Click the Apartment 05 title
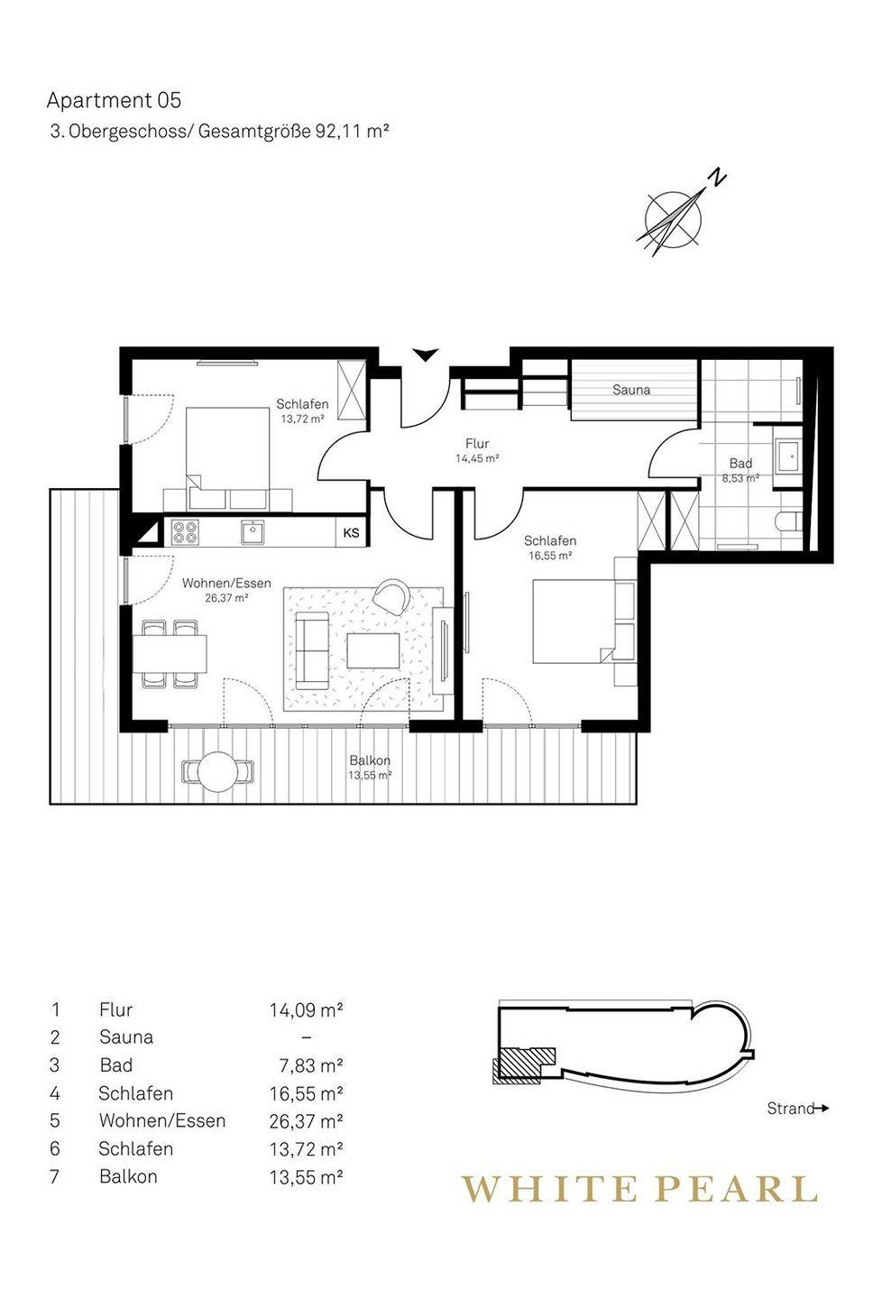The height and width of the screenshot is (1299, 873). tap(114, 101)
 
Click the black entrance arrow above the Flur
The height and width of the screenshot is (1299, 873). tap(425, 355)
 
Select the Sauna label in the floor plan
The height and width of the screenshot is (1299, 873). tap(631, 390)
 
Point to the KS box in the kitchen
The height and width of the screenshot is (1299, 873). tap(352, 533)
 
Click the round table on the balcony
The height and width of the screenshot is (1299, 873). tap(217, 770)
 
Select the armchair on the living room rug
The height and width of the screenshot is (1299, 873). tap(392, 596)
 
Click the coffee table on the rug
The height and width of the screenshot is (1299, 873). tap(373, 650)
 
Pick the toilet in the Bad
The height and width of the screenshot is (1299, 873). tap(789, 521)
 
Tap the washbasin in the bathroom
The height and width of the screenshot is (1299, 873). tap(789, 456)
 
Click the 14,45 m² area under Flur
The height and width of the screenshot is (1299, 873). tap(477, 458)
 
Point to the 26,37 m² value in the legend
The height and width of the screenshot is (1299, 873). tap(306, 1121)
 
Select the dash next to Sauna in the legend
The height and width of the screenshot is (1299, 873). tap(307, 1037)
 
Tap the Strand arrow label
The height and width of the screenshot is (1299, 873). tap(798, 1109)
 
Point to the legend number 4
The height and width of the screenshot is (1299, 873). tap(55, 1093)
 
